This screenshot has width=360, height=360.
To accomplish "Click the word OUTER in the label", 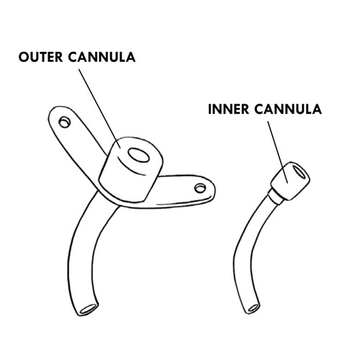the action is [x=40, y=57].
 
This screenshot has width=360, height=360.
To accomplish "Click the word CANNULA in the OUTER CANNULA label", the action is [x=102, y=57].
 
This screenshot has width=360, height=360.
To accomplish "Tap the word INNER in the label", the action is [x=229, y=109].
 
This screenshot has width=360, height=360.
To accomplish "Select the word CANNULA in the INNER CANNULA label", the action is [x=288, y=109].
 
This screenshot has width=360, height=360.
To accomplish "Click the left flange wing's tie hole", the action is [x=65, y=122].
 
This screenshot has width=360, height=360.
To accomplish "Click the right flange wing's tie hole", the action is [x=200, y=188].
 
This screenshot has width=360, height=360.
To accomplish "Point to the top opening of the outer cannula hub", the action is [x=139, y=155].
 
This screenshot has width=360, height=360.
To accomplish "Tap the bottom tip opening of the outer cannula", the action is [x=89, y=309].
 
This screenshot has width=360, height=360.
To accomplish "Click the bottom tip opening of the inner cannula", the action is [x=253, y=308].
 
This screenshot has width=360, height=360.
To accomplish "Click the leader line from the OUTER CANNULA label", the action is [x=99, y=109].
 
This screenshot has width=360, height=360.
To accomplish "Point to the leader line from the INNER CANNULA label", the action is [x=278, y=152].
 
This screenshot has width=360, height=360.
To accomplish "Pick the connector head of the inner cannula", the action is [x=290, y=181].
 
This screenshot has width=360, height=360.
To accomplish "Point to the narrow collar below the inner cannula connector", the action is [x=275, y=197].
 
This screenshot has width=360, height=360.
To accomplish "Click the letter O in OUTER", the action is [x=24, y=57].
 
